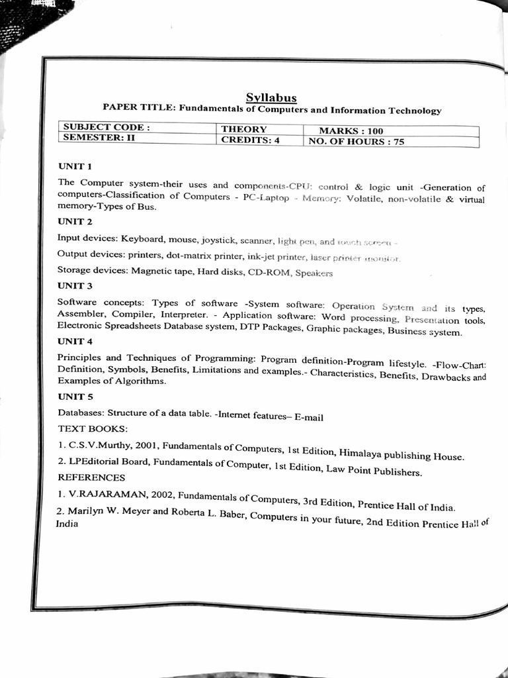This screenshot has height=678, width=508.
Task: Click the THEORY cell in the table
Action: click(243, 130)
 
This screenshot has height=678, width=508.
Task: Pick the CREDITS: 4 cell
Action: click(250, 140)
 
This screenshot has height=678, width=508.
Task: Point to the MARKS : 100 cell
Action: click(351, 131)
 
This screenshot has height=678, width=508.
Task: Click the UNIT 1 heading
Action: click(75, 166)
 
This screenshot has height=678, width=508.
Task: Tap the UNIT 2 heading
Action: click(75, 220)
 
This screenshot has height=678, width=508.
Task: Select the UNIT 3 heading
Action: click(75, 286)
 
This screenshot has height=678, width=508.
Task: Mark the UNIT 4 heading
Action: click(75, 342)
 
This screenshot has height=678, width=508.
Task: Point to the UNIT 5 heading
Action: click(75, 397)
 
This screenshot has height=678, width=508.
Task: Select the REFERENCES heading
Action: click(91, 477)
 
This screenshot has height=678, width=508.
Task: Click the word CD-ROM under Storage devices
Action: click(269, 272)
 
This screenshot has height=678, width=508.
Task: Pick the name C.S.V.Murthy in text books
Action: click(100, 445)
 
